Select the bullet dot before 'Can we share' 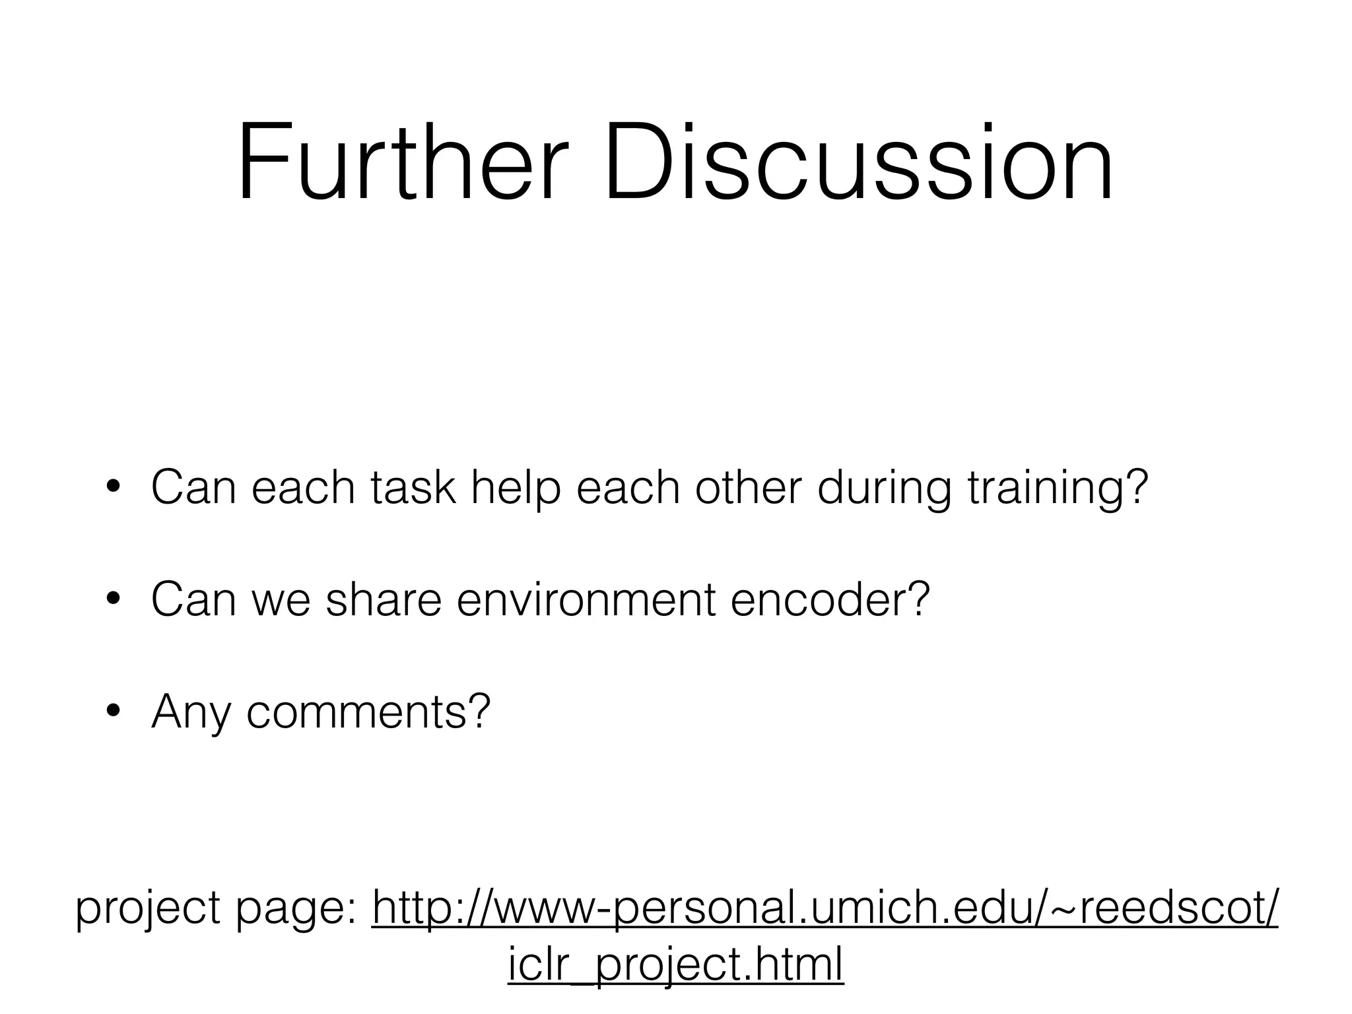point(113,599)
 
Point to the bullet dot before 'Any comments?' point(113,712)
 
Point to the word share point(383,599)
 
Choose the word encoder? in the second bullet point(830,599)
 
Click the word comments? point(368,712)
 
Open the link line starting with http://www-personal point(825,908)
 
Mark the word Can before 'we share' point(193,599)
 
